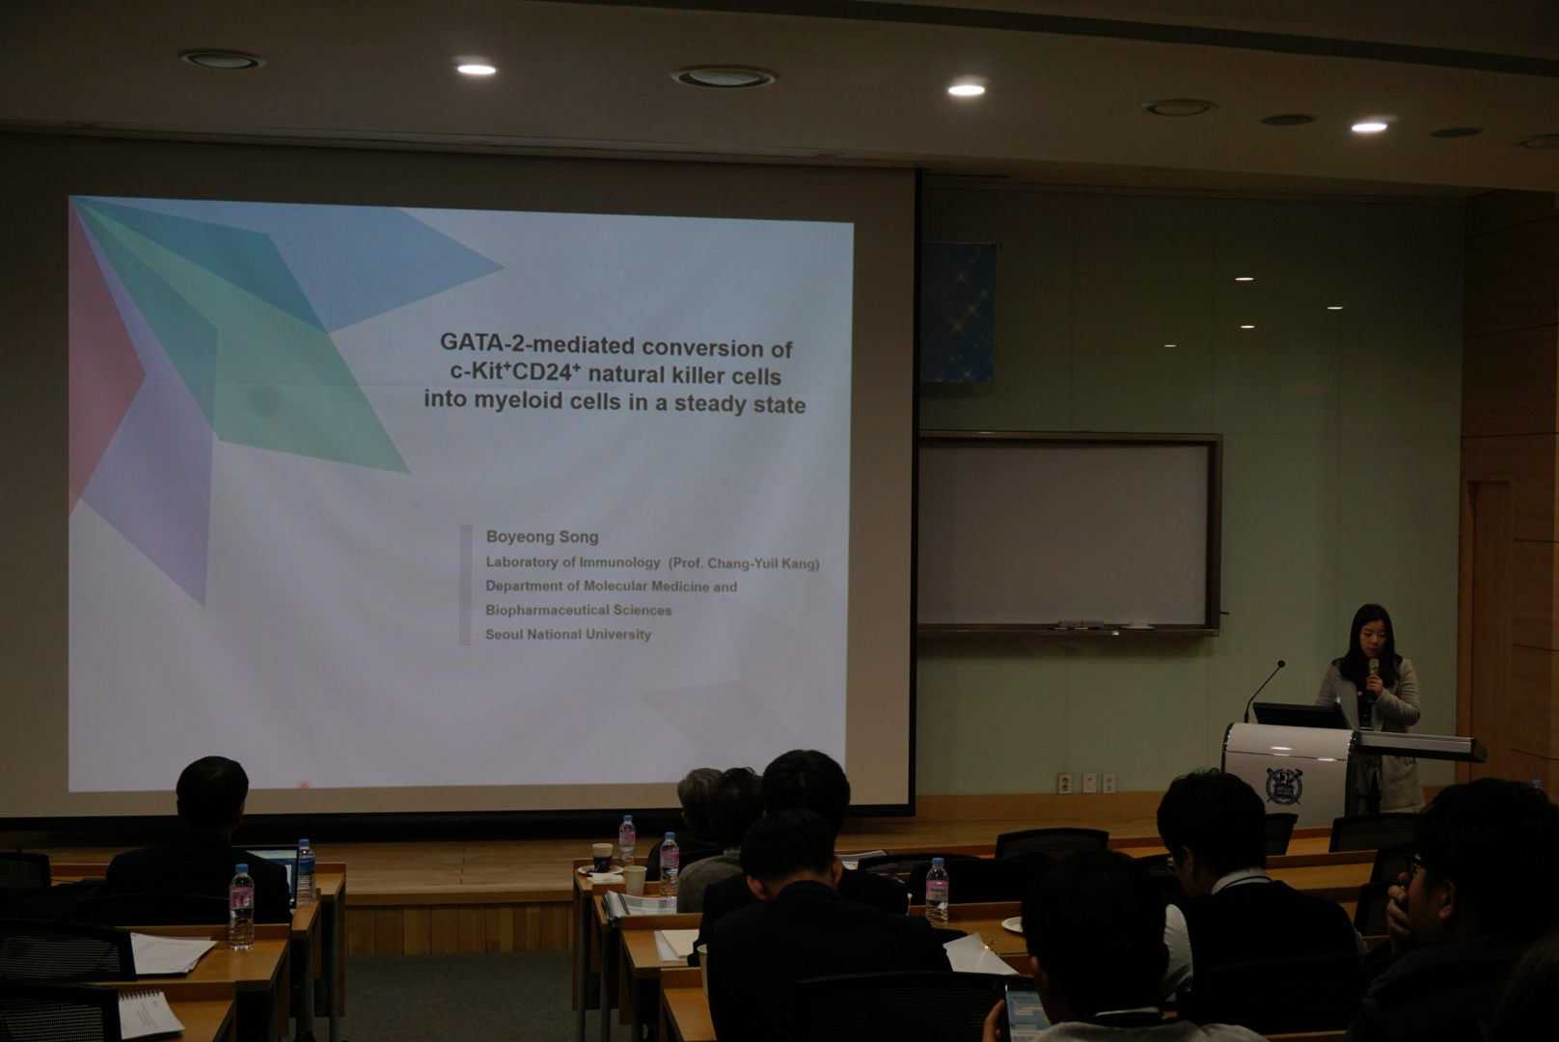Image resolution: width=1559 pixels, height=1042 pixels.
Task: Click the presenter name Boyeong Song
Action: point(542,536)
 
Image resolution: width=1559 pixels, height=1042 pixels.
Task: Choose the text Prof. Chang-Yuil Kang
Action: point(744,563)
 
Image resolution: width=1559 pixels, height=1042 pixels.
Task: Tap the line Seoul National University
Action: point(568,634)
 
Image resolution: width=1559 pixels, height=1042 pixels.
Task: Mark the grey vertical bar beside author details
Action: point(466,585)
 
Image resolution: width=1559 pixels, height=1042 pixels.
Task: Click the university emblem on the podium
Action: point(1284,786)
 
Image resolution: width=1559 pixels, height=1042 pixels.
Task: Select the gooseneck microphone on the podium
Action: point(1264,689)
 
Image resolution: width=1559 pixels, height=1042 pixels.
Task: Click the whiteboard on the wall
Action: point(1068,534)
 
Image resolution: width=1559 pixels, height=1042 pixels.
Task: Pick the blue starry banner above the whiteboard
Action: point(958,312)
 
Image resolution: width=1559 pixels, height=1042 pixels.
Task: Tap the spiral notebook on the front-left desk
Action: point(149,1015)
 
